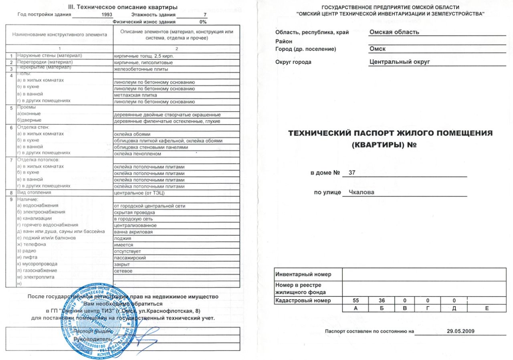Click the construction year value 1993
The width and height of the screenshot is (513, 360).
(x=107, y=14)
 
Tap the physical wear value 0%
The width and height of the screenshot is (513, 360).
(x=203, y=22)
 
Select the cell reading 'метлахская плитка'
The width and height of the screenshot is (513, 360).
(x=135, y=95)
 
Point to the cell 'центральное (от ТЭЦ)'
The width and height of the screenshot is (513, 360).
(x=139, y=193)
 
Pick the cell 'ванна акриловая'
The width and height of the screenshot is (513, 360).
(x=133, y=232)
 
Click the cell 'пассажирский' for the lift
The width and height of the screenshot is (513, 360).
(x=130, y=257)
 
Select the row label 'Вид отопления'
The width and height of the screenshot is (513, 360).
(x=34, y=193)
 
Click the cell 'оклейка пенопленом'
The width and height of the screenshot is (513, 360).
(x=137, y=154)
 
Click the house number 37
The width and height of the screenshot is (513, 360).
(x=352, y=173)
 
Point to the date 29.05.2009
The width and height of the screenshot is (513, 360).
(x=460, y=331)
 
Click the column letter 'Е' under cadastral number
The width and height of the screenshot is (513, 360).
(x=486, y=308)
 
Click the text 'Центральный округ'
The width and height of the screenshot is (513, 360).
(x=400, y=62)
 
